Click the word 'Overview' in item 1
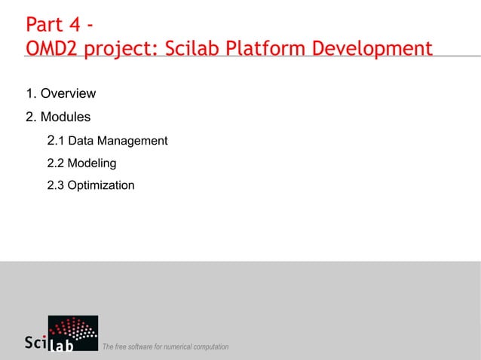68,94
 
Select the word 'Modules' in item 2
66,117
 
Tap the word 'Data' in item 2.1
80,141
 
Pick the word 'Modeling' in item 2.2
91,163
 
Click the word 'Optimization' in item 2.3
101,185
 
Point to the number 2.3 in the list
55,185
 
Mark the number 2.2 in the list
55,163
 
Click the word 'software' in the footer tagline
142,346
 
